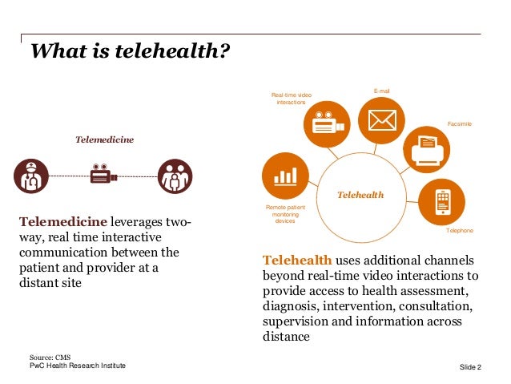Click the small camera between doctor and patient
pos(103,175)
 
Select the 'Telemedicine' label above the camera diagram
pos(104,139)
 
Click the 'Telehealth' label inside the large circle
pos(360,195)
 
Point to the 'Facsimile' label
pos(459,124)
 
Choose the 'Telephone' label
pos(459,231)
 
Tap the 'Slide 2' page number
pos(470,367)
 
